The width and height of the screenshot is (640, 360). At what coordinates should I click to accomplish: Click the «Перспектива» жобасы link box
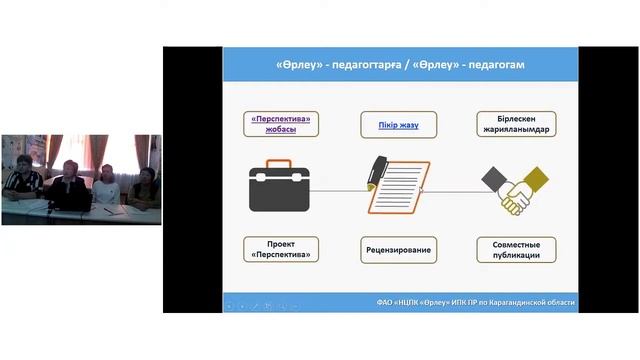click(x=281, y=124)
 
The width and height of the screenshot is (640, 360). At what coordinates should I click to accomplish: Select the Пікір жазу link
click(x=399, y=124)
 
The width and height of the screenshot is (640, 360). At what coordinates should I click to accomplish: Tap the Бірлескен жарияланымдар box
click(x=517, y=124)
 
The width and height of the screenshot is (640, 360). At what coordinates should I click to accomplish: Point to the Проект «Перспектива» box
click(x=281, y=249)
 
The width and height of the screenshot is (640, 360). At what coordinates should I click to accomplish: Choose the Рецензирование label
click(x=399, y=249)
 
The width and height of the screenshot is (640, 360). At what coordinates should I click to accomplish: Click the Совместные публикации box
click(x=517, y=249)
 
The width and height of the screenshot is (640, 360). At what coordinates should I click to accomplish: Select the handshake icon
click(x=515, y=188)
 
